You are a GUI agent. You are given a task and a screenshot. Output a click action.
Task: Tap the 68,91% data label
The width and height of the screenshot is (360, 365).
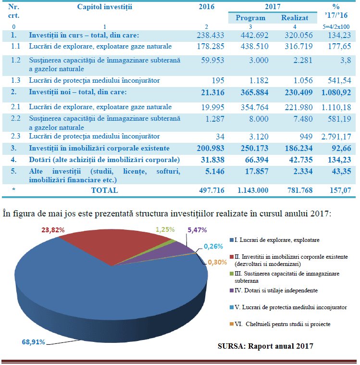point(33,342)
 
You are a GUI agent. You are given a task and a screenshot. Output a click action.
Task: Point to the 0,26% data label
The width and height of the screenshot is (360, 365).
point(213,246)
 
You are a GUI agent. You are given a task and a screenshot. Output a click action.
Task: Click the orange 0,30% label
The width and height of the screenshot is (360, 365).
point(217,263)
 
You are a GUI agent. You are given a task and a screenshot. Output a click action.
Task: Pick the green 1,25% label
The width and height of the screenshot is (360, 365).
point(165,230)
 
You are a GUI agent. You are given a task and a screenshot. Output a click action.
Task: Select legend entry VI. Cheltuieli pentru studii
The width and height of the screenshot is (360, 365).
point(280,324)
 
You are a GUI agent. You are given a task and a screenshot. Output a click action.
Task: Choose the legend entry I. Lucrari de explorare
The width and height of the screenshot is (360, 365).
point(274,240)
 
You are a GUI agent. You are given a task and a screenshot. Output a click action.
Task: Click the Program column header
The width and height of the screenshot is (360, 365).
point(250,18)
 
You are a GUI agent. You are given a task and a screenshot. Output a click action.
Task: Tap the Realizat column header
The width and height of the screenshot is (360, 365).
point(295,18)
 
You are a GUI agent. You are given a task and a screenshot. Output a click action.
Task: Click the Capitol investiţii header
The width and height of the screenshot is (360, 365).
point(104,7)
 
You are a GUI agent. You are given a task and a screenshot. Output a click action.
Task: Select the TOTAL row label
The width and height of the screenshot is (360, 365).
point(104,190)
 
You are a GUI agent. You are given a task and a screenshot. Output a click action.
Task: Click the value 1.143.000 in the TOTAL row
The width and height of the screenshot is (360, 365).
point(253,190)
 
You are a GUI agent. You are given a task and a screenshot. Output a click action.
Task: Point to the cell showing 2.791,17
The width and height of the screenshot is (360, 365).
point(336,137)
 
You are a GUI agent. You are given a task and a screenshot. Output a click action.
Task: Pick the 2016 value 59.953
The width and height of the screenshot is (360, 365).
point(212,60)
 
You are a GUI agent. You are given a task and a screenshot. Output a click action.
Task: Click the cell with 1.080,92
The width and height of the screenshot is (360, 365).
point(336,93)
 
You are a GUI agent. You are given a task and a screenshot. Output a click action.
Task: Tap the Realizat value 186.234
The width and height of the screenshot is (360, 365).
point(299,148)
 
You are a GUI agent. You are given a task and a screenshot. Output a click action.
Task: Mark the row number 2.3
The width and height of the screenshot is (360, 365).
point(15,136)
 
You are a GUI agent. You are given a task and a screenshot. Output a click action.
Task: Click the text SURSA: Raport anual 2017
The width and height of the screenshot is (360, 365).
point(265,346)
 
